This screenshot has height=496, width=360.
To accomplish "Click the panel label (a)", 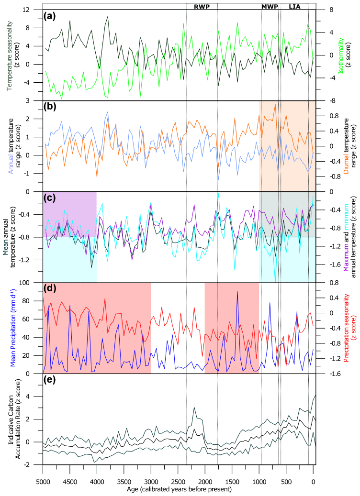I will pos(50,16).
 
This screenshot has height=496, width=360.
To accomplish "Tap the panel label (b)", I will pos(50,107).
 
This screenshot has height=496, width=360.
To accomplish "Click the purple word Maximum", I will pos(345,255).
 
